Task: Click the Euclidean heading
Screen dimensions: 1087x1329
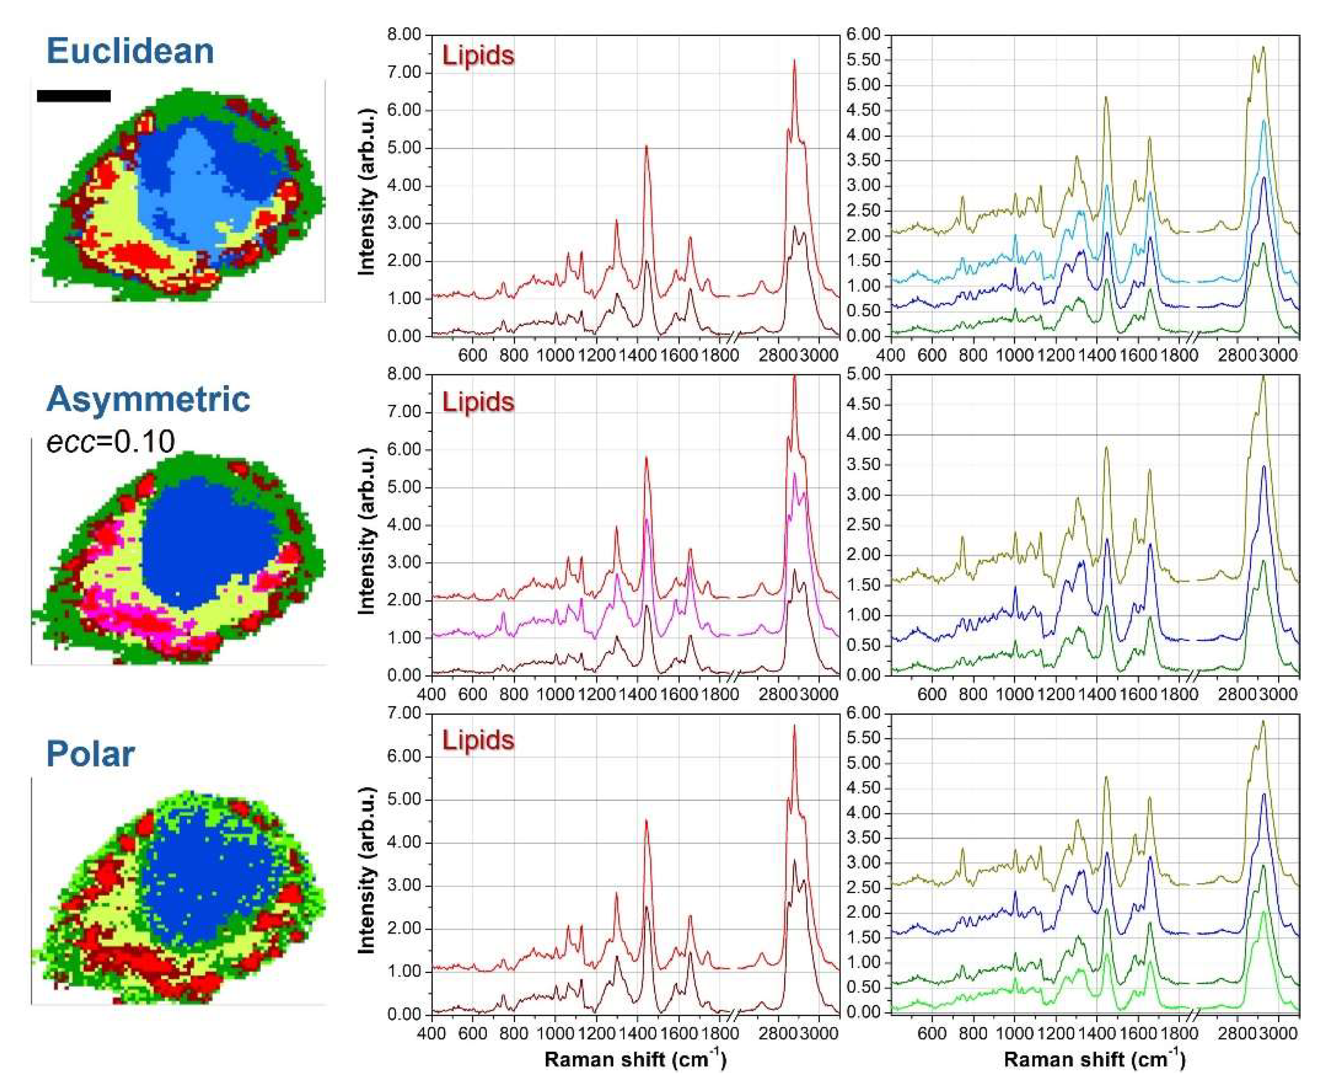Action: pyautogui.click(x=130, y=51)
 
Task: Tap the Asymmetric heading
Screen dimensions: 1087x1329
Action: pyautogui.click(x=148, y=399)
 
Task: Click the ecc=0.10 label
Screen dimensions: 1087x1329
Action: pyautogui.click(x=110, y=441)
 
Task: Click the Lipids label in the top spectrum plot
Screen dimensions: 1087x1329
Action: pyautogui.click(x=478, y=56)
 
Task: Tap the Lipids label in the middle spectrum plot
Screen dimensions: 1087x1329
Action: pyautogui.click(x=478, y=402)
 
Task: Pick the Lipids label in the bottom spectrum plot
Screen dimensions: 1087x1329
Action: pyautogui.click(x=478, y=741)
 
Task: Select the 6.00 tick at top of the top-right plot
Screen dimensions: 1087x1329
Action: pyautogui.click(x=863, y=35)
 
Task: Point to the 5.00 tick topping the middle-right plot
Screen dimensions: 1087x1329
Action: pyautogui.click(x=863, y=374)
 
